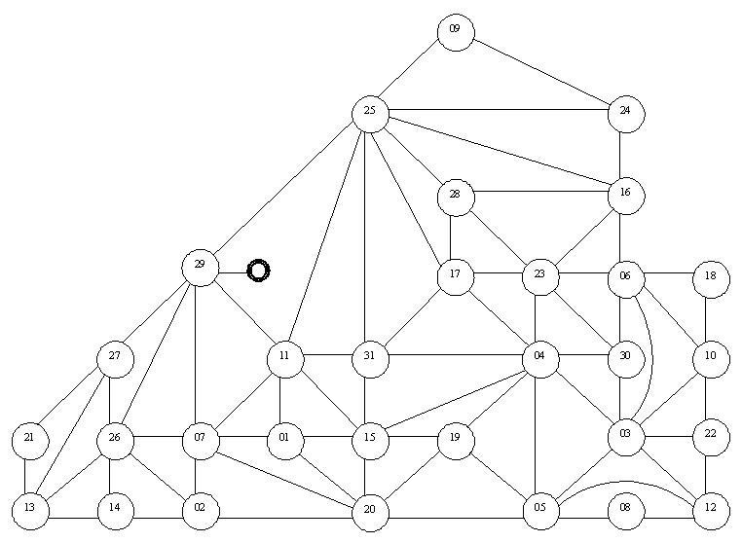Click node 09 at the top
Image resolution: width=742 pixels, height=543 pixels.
456,32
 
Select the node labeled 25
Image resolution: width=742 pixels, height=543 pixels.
370,114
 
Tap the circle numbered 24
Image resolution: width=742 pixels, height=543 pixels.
625,114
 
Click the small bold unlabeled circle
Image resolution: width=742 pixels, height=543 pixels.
258,271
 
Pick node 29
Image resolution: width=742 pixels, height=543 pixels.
201,268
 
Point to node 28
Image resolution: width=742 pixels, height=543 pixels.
456,198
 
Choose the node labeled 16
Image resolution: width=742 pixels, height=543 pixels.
625,196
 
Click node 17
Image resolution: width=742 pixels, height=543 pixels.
456,276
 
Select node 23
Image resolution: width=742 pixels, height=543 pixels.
540,276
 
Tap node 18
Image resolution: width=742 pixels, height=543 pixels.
711,279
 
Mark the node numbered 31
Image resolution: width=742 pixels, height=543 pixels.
370,359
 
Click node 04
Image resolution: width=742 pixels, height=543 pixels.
540,359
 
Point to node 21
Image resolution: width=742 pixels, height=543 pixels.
30,441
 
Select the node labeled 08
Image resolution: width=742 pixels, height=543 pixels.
625,511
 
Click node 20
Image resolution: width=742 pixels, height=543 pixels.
370,512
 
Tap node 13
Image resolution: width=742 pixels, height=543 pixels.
30,511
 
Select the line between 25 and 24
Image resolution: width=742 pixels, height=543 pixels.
498,110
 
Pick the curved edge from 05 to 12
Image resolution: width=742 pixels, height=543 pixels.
630,483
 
